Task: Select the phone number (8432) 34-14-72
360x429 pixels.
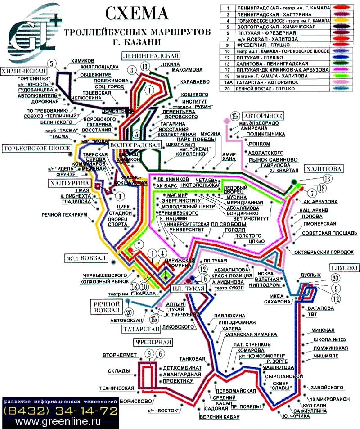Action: point(60,411)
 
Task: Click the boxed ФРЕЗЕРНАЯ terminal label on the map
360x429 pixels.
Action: point(153,343)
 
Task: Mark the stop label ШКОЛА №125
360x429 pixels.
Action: point(330,339)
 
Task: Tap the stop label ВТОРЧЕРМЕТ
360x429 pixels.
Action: point(119,356)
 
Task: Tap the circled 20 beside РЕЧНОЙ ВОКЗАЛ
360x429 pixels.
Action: point(129,311)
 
